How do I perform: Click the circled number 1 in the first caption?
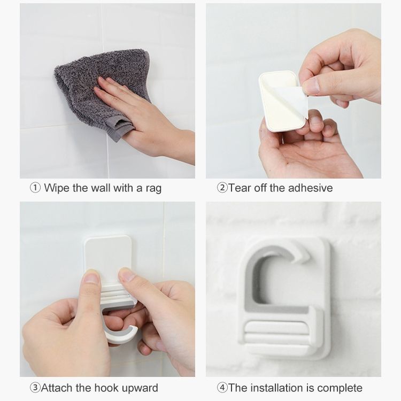35,188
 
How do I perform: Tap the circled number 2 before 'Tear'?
222,188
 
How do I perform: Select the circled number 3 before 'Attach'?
35,388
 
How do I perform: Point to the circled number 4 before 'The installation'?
222,388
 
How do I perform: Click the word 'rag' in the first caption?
153,189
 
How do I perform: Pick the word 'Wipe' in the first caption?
57,188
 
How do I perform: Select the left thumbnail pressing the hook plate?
91,277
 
